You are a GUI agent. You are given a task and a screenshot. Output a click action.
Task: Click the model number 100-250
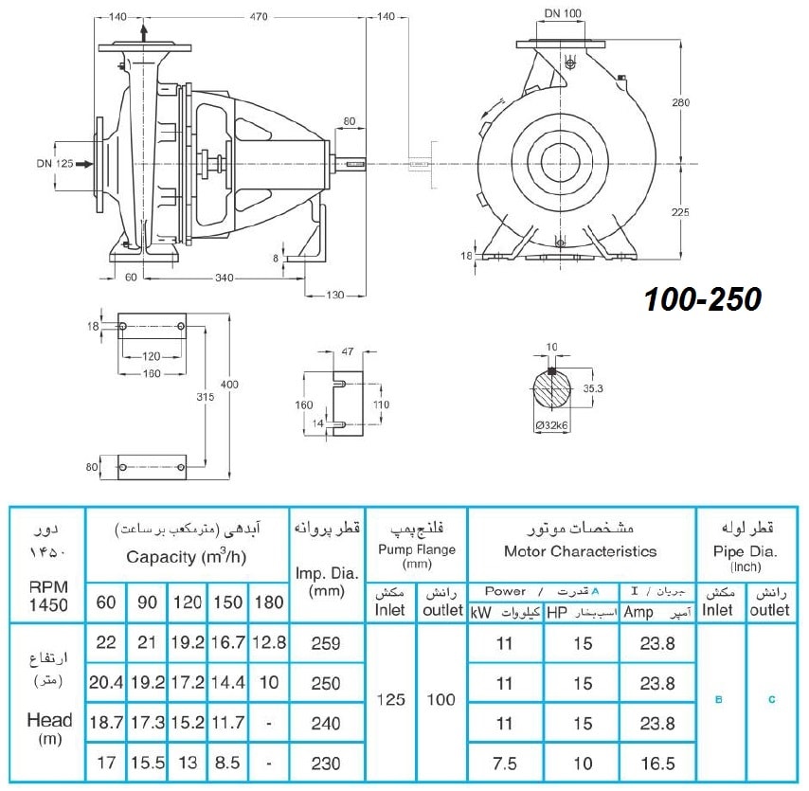[703, 299]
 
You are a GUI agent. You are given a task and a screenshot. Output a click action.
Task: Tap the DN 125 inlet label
[55, 164]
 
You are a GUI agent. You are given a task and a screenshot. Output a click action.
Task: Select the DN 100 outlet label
[563, 13]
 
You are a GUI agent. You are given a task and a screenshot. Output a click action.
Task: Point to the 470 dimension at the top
[259, 16]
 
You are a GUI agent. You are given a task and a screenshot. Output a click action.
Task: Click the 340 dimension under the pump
[224, 278]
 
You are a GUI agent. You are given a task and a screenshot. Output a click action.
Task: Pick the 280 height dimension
[680, 102]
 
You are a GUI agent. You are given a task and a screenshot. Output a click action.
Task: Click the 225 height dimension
[680, 212]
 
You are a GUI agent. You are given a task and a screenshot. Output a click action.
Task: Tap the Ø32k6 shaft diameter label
[551, 425]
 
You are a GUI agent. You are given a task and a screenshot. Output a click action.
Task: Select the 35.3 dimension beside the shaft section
[593, 388]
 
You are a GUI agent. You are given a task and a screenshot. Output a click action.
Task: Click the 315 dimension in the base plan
[205, 396]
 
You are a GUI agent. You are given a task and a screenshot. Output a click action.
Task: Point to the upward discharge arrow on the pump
[144, 33]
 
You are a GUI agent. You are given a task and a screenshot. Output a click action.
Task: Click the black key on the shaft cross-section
[551, 370]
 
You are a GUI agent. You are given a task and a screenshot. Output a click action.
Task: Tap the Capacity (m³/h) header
[187, 557]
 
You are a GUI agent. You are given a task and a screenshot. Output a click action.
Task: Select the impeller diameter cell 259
[326, 643]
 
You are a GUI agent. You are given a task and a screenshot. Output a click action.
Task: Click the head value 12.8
[269, 642]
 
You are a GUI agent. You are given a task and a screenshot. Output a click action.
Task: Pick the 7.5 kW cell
[504, 764]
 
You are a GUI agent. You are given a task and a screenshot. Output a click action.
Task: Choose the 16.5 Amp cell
[657, 764]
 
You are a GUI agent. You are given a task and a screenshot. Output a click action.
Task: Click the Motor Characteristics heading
[581, 551]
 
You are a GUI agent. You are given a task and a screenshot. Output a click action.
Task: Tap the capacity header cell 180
[269, 602]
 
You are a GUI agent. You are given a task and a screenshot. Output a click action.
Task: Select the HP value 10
[583, 764]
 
